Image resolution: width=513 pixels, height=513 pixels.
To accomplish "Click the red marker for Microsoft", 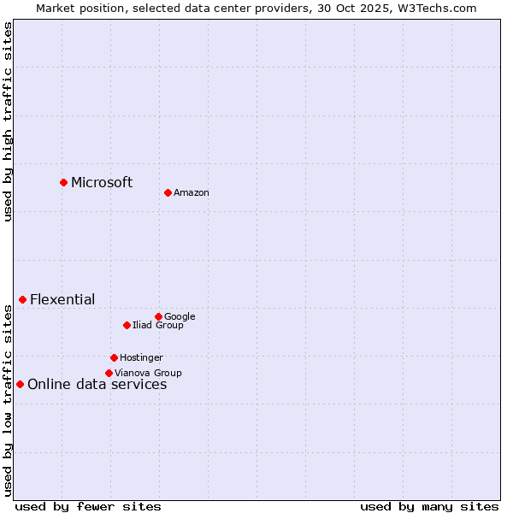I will pyautogui.click(x=63, y=182).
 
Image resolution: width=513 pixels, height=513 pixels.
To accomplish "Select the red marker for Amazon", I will pyautogui.click(x=168, y=192).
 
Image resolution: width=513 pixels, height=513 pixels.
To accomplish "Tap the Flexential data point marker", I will pyautogui.click(x=22, y=299).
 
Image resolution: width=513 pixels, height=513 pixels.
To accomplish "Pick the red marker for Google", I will pyautogui.click(x=158, y=316).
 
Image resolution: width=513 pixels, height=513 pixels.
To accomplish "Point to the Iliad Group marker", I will pyautogui.click(x=127, y=325).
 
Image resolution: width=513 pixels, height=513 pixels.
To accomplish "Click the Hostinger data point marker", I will pyautogui.click(x=114, y=357).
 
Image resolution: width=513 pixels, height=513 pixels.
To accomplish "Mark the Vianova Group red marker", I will pyautogui.click(x=109, y=373).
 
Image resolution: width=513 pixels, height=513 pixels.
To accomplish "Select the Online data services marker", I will pyautogui.click(x=20, y=384).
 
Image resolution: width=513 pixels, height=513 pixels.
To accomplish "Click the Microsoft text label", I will pyautogui.click(x=102, y=182).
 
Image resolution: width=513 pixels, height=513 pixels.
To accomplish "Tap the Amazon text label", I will pyautogui.click(x=192, y=193).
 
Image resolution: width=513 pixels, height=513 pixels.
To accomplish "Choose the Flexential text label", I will pyautogui.click(x=62, y=299).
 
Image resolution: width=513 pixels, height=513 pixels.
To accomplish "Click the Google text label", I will pyautogui.click(x=180, y=317).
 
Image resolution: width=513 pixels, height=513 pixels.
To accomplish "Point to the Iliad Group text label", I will pyautogui.click(x=158, y=326).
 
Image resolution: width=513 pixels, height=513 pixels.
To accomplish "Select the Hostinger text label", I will pyautogui.click(x=141, y=358).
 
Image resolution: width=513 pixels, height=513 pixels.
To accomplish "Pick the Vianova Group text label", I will pyautogui.click(x=148, y=374).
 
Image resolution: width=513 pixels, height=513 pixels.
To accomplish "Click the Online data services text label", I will pyautogui.click(x=97, y=385).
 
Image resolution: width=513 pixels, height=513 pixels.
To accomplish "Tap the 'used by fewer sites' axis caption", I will pyautogui.click(x=88, y=506).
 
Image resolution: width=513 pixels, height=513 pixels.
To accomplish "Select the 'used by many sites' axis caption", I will pyautogui.click(x=429, y=506).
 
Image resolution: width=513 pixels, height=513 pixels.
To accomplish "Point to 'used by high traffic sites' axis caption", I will pyautogui.click(x=9, y=121).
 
